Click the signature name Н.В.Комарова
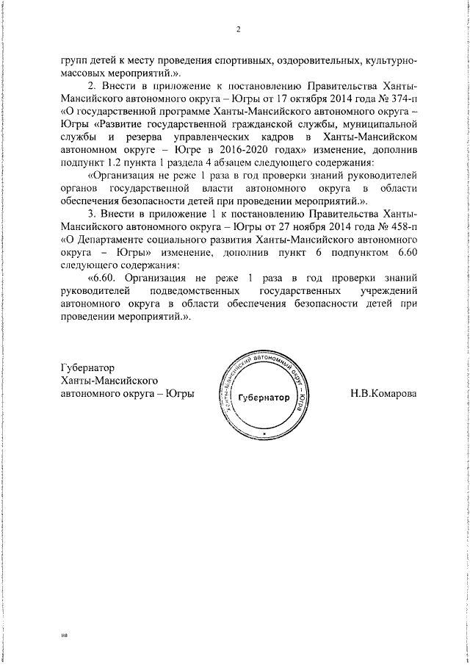383,393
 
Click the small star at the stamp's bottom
263,434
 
